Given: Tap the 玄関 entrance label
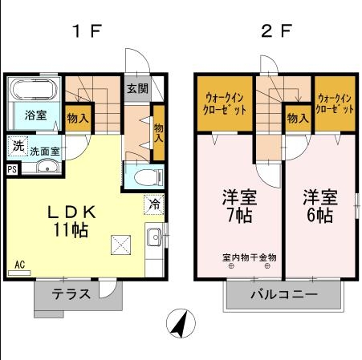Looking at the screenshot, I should tap(136, 89).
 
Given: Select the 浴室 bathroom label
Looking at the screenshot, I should tap(35, 115).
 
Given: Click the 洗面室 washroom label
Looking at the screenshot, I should tap(45, 150).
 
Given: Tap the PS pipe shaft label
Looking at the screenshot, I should tap(11, 169).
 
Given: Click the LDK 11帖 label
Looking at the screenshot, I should tap(71, 220).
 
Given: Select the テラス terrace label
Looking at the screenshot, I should tap(71, 293).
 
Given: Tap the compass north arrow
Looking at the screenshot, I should tap(181, 325).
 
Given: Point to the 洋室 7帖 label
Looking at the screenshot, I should tap(237, 206).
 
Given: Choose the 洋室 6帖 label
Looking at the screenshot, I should tap(319, 206).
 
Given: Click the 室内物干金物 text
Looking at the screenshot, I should tap(249, 257).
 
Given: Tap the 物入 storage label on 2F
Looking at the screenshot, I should tap(297, 118).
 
